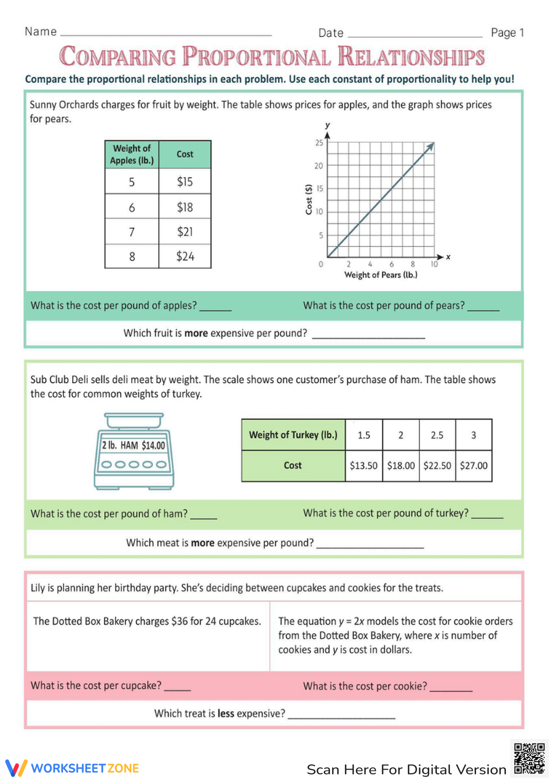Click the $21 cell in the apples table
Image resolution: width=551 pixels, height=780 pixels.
pyautogui.click(x=185, y=232)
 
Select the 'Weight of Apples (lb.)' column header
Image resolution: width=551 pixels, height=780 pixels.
pyautogui.click(x=132, y=154)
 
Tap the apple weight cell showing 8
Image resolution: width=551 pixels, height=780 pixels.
pyautogui.click(x=132, y=257)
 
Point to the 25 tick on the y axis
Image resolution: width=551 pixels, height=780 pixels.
pyautogui.click(x=319, y=143)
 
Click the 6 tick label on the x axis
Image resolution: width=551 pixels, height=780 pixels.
pyautogui.click(x=391, y=264)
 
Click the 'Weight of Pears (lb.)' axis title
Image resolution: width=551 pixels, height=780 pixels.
pyautogui.click(x=381, y=275)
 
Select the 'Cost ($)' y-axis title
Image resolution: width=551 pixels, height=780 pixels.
pyautogui.click(x=309, y=199)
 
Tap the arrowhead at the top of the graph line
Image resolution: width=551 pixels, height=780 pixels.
pyautogui.click(x=431, y=146)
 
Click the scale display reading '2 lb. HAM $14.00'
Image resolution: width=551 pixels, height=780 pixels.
pyautogui.click(x=133, y=445)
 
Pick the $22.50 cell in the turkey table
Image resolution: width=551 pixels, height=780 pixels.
pyautogui.click(x=437, y=466)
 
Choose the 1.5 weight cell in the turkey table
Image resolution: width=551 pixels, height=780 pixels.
pyautogui.click(x=364, y=435)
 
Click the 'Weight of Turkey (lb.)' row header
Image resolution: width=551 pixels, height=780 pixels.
pyautogui.click(x=293, y=435)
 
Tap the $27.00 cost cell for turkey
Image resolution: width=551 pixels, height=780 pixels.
pyautogui.click(x=473, y=466)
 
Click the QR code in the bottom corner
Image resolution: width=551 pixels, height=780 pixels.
pyautogui.click(x=529, y=759)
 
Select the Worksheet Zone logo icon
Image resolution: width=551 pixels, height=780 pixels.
pyautogui.click(x=16, y=768)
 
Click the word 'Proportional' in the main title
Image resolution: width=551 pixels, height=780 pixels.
pyautogui.click(x=256, y=57)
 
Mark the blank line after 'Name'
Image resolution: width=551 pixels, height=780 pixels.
pyautogui.click(x=165, y=34)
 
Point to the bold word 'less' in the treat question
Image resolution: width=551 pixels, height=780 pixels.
pyautogui.click(x=226, y=713)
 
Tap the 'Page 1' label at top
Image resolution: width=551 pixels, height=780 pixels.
pyautogui.click(x=507, y=33)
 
